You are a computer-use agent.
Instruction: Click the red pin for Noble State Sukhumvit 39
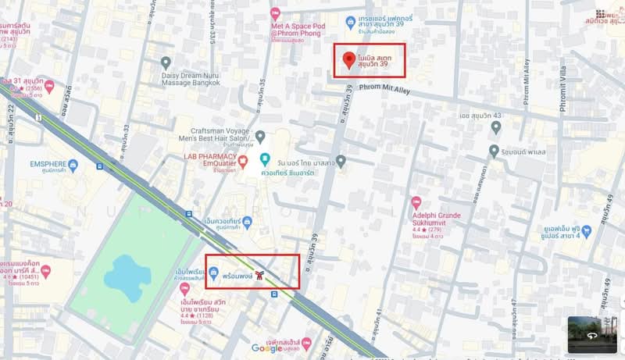coord(348,59)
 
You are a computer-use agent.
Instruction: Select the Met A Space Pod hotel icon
coord(275,14)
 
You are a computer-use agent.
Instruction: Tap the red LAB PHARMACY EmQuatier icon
coord(242,162)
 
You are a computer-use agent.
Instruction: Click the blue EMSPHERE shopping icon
coord(73,165)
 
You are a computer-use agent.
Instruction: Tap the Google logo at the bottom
coord(266,348)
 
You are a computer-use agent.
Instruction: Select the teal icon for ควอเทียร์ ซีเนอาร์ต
coord(265,160)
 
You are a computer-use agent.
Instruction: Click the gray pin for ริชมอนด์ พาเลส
coord(494,149)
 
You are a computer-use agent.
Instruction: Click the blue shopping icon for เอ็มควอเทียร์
coord(247,223)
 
